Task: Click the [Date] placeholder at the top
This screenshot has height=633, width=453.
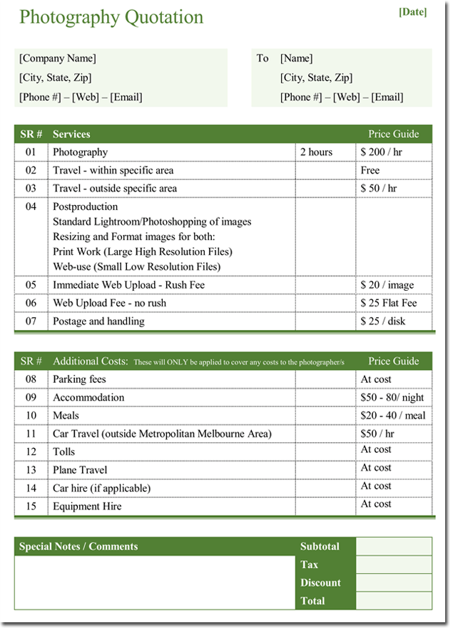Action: [414, 11]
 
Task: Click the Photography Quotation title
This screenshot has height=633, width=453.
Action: [111, 18]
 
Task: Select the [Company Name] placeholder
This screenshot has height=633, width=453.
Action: [57, 59]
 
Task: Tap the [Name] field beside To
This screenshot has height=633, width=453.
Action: [296, 59]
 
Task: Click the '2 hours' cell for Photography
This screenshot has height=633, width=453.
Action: [316, 152]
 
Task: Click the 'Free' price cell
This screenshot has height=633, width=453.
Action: [370, 171]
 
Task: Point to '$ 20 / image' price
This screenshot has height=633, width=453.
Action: [387, 285]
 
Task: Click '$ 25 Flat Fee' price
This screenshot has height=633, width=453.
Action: [389, 303]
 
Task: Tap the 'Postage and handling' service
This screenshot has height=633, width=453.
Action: [98, 322]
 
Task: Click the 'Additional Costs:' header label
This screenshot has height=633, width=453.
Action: [90, 362]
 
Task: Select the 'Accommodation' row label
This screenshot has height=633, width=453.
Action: [88, 398]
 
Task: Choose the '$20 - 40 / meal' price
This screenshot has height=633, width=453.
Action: [393, 416]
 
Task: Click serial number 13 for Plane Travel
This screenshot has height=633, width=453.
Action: [31, 470]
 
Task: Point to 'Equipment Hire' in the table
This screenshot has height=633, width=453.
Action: [87, 507]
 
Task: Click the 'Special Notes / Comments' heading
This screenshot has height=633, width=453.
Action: [78, 547]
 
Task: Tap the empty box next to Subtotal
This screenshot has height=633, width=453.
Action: [394, 547]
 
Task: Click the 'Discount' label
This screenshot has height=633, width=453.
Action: [320, 583]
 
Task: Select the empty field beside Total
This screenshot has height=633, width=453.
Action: [394, 601]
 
